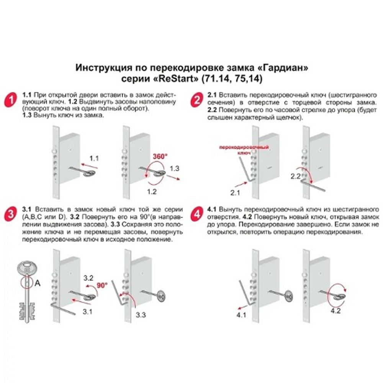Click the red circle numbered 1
(12, 101)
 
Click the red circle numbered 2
(196, 101)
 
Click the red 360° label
(160, 156)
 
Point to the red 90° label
(102, 285)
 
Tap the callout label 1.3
(175, 168)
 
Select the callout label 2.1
(235, 193)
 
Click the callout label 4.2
(336, 311)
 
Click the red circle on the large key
(26, 283)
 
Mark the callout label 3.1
(88, 312)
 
